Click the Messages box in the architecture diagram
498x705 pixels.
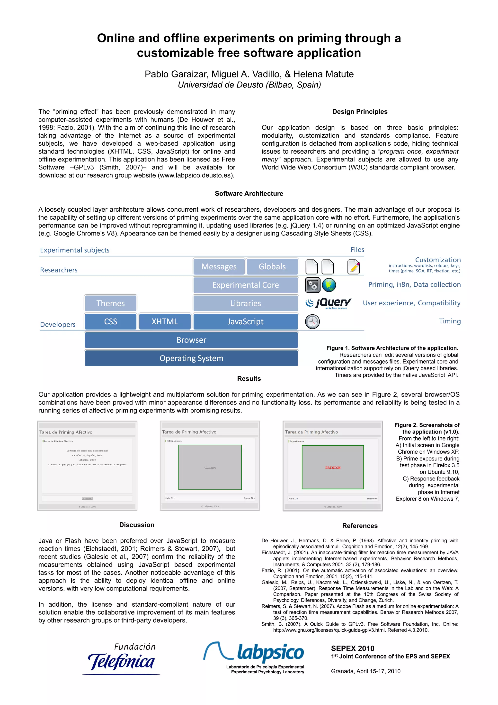[219, 266]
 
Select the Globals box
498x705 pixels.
[272, 266]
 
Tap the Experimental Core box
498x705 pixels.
[245, 285]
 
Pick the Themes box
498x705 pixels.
[110, 303]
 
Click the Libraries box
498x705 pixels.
[245, 303]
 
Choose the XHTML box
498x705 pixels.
[165, 321]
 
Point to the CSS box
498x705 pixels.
[110, 321]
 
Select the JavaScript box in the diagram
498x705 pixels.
[245, 321]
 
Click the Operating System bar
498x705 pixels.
[191, 358]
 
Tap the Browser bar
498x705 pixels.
[191, 340]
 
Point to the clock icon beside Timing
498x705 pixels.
[312, 321]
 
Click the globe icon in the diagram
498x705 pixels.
[329, 285]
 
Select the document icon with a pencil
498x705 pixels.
[354, 266]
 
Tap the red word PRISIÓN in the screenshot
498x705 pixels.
[333, 468]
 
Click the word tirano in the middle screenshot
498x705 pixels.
[210, 468]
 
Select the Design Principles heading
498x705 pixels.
[360, 112]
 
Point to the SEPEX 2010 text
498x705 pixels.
[353, 648]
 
